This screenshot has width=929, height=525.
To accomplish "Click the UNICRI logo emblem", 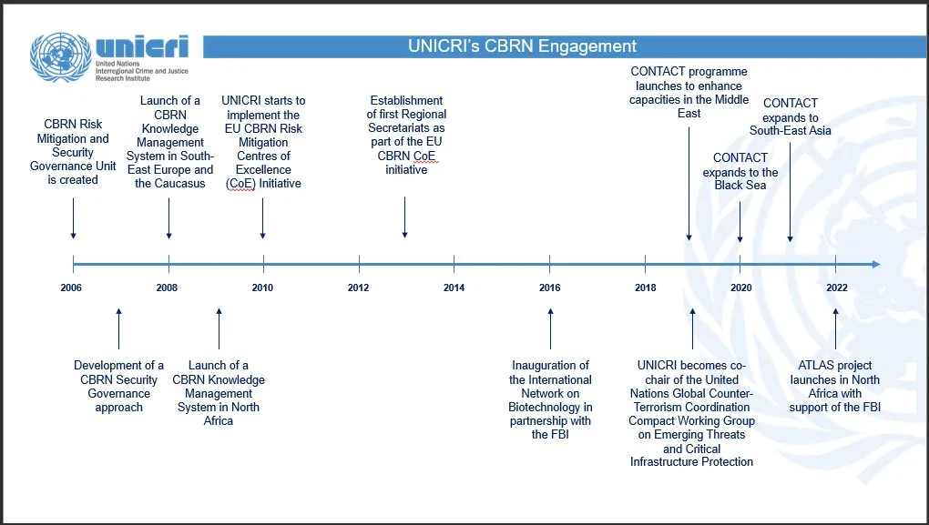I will click(x=60, y=57).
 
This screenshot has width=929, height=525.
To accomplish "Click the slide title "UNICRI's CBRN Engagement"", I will click(x=522, y=46).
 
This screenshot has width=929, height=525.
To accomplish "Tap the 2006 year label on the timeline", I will click(x=71, y=288).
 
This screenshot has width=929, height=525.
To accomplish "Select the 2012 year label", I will click(x=358, y=288).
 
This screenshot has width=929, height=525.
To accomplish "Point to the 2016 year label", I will click(x=549, y=288).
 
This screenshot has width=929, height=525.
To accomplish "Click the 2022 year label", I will click(x=837, y=288).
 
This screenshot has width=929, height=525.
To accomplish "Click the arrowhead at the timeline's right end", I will click(x=875, y=265).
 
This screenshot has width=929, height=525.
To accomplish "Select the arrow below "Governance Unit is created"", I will click(x=73, y=222).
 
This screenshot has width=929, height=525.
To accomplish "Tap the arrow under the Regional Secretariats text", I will click(x=404, y=219).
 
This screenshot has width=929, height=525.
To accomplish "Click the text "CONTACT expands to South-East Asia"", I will click(x=791, y=116).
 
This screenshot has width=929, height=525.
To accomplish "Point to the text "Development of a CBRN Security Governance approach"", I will click(x=119, y=387).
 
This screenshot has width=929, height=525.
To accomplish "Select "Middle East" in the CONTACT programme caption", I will click(x=689, y=106).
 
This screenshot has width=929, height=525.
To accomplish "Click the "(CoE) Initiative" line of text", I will click(x=263, y=183).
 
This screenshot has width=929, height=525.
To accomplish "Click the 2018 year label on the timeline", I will click(x=645, y=288).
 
